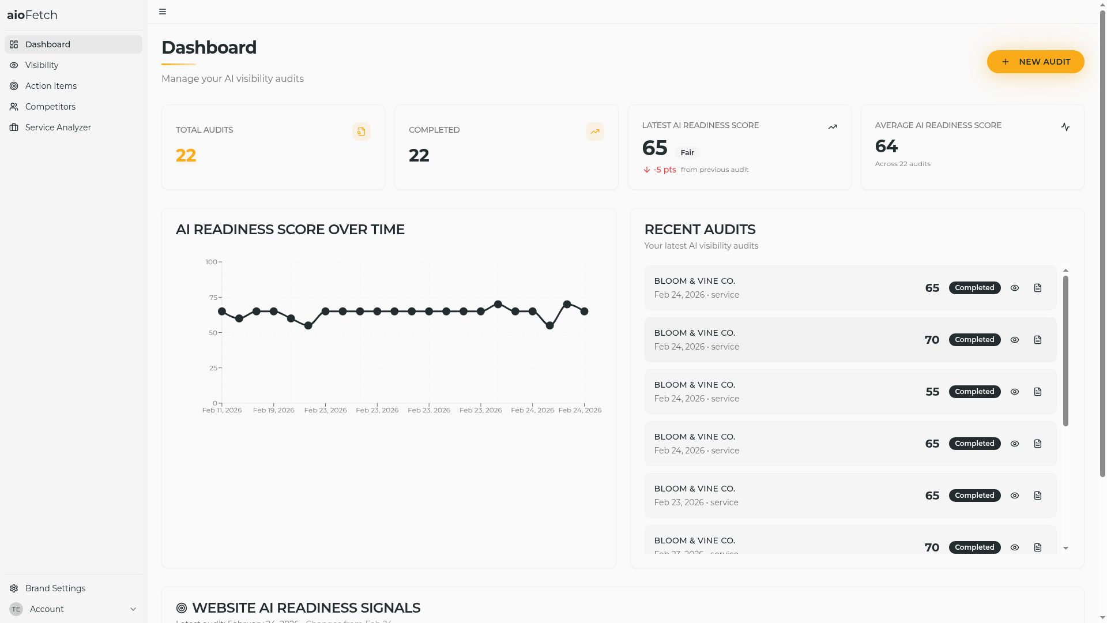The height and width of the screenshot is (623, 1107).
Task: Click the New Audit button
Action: point(1036,62)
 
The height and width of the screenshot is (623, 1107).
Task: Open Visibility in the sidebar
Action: point(42,65)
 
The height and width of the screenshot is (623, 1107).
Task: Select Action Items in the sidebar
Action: point(51,86)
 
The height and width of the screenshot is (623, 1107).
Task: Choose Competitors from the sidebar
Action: point(50,107)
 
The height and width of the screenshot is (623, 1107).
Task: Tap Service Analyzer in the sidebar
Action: point(58,127)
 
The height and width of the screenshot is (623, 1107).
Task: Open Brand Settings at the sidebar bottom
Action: point(55,588)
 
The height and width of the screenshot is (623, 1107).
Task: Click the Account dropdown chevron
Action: point(133,609)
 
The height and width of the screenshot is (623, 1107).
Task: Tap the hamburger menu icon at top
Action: point(163,12)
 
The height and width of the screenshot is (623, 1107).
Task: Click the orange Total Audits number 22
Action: point(186,156)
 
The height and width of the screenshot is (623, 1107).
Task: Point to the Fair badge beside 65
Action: point(687,153)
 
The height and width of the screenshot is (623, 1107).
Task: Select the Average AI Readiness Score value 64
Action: point(886,147)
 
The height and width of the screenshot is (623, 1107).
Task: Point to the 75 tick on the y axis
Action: point(213,298)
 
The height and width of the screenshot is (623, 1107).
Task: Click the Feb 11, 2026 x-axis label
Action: point(222,410)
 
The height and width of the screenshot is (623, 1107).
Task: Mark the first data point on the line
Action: point(222,311)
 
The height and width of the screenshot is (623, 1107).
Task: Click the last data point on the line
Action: point(584,311)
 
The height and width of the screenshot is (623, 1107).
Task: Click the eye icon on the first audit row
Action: point(1015,288)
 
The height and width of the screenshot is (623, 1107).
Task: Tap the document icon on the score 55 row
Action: point(1038,392)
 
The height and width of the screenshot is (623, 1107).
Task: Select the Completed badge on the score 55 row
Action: point(974,392)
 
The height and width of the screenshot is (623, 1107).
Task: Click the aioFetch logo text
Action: point(32,15)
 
